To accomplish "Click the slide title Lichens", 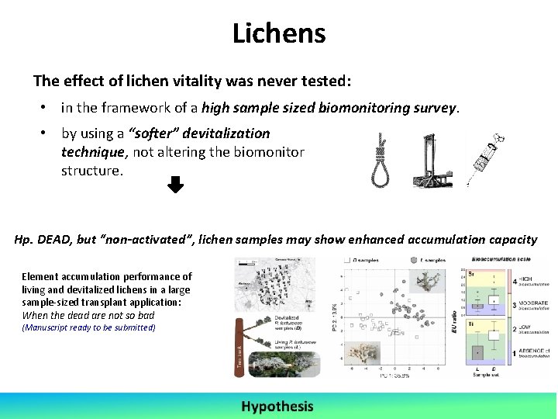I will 279,33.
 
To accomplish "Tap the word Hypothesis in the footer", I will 277,406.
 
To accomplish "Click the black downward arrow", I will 176,185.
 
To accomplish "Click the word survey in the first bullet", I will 433,108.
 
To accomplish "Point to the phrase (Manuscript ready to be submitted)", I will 88,327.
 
